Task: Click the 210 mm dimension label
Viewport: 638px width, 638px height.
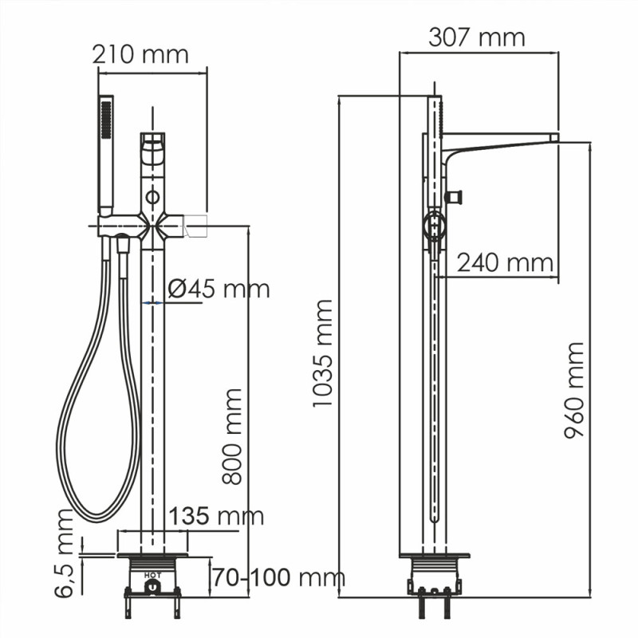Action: [140, 54]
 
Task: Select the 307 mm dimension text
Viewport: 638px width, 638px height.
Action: [477, 37]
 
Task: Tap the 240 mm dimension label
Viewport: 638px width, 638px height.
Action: [505, 263]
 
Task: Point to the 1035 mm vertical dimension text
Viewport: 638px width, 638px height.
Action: [323, 353]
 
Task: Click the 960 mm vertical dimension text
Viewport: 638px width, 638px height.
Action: [574, 391]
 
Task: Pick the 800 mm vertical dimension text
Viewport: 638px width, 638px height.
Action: [232, 436]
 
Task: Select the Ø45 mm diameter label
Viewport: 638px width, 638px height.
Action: [219, 289]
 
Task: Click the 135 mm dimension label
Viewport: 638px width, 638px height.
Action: [216, 516]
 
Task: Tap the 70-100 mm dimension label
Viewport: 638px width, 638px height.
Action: [279, 577]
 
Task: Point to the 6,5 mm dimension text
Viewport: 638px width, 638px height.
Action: [65, 553]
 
